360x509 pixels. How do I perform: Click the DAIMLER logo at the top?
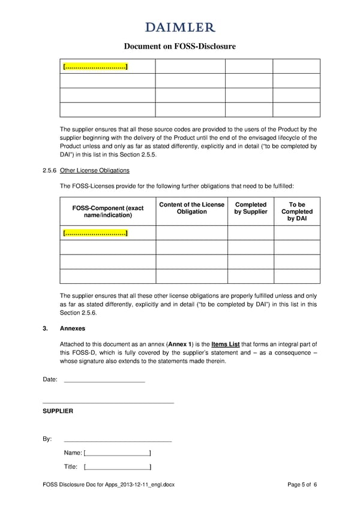coord(179,27)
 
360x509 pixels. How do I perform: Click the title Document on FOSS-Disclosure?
coord(179,46)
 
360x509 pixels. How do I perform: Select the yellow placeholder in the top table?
coord(95,66)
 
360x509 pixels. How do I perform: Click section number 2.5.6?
coord(50,170)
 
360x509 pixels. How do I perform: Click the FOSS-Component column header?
coord(108,211)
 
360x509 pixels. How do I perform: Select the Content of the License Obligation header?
coord(191,208)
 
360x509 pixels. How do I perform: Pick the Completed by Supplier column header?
coord(250,208)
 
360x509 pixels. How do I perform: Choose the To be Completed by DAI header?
coord(296,211)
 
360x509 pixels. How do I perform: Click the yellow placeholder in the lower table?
coord(95,233)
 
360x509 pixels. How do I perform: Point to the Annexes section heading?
coord(73,329)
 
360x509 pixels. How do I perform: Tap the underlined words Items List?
coord(226,344)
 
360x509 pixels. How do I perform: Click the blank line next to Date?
coord(104,380)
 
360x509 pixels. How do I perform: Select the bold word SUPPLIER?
coord(58,411)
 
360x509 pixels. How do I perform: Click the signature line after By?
coord(118,439)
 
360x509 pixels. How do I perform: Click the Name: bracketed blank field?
coord(118,453)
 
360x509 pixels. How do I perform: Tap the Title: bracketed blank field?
coord(118,467)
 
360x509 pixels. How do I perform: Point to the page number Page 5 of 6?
coord(302,484)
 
